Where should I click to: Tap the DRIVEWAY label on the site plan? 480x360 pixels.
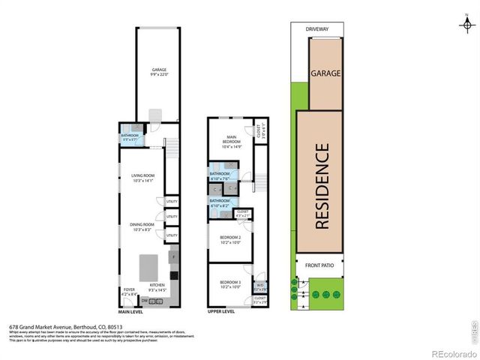[316, 29]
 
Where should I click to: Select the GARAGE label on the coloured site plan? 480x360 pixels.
[325, 73]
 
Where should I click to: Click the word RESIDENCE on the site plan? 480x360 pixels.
[321, 186]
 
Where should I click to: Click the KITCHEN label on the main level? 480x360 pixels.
[157, 285]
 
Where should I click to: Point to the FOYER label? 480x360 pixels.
[129, 289]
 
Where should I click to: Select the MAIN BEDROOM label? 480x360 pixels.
[230, 139]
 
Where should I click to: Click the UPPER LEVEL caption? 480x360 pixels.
[221, 311]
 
